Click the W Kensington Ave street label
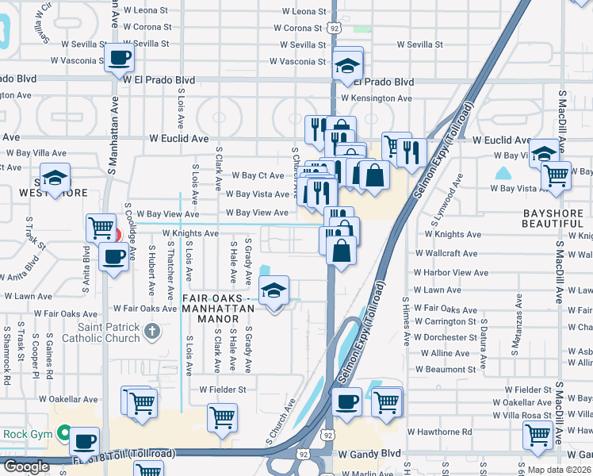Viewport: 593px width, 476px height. pyautogui.click(x=377, y=98)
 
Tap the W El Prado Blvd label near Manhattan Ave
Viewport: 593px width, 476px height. pyautogui.click(x=159, y=80)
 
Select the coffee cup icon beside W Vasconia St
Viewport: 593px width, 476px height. pyautogui.click(x=119, y=58)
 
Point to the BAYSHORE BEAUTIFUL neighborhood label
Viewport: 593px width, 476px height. pyautogui.click(x=553, y=220)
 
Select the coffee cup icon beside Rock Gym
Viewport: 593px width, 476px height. pyautogui.click(x=83, y=440)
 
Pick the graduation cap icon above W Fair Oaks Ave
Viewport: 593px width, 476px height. pyautogui.click(x=274, y=291)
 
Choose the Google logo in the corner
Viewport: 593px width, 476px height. pyautogui.click(x=26, y=466)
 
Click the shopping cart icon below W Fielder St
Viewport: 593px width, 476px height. pyautogui.click(x=222, y=416)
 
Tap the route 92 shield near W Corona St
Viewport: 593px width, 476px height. pyautogui.click(x=335, y=27)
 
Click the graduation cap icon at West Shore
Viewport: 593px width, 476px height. pyautogui.click(x=55, y=177)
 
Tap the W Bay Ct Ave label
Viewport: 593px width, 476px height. pyautogui.click(x=258, y=175)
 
